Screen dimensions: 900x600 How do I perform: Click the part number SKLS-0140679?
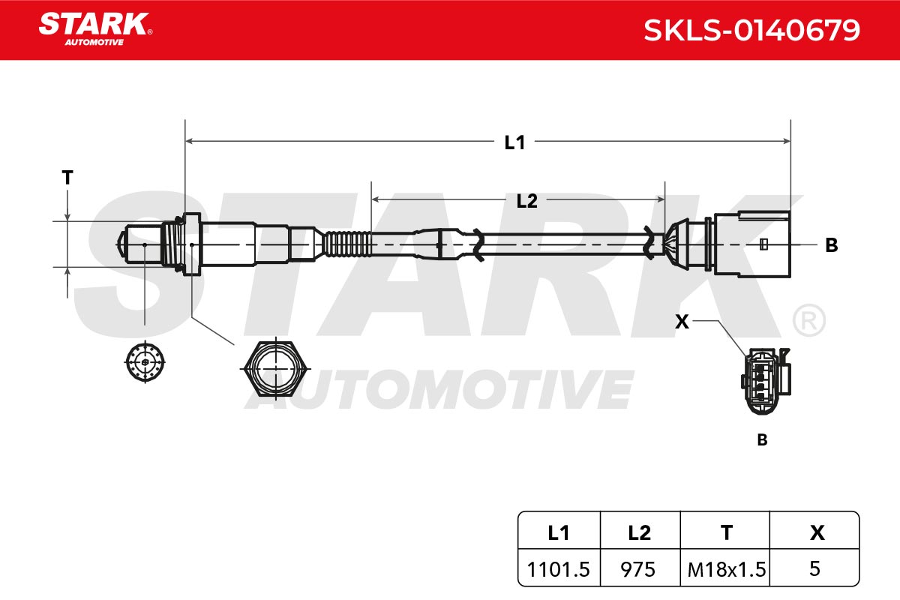[x=751, y=30]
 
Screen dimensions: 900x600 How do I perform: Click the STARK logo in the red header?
[x=95, y=29]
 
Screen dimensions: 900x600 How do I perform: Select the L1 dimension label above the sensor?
[x=514, y=142]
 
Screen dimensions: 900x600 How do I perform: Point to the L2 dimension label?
[x=526, y=201]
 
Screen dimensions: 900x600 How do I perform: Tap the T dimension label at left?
[x=67, y=177]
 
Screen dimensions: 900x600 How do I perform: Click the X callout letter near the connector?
[x=682, y=322]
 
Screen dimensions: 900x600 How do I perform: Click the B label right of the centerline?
[x=831, y=245]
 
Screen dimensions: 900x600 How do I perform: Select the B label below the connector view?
[x=762, y=439]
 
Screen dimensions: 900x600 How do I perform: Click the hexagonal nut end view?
[x=276, y=368]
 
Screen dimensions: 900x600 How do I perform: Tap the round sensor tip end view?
[x=145, y=361]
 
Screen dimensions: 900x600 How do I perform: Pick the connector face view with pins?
[x=766, y=381]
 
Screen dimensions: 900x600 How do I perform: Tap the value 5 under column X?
[x=814, y=568]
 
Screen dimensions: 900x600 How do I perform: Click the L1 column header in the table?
[x=559, y=533]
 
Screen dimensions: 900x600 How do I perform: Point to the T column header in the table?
[x=727, y=533]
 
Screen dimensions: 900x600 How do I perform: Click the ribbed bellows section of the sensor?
[x=347, y=244]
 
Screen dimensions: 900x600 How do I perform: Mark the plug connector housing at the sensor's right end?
[x=752, y=244]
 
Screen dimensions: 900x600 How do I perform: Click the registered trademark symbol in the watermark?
[x=809, y=321]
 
